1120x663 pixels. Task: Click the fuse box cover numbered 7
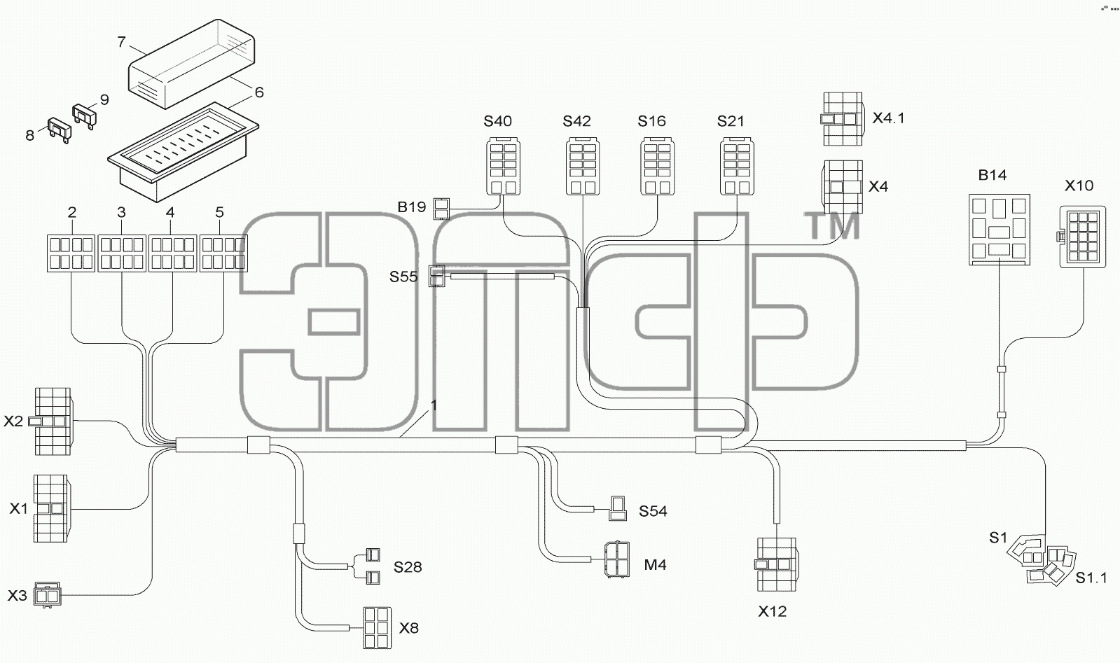pos(192,64)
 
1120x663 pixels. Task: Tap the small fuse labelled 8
pos(60,130)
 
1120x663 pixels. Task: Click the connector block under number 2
pos(71,253)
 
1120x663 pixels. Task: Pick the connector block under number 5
pos(223,253)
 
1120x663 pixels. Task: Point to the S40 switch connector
pos(503,167)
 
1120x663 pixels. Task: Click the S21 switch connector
pos(737,167)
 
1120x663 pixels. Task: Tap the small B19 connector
pos(441,209)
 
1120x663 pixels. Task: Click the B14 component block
pos(999,230)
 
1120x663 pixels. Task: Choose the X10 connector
pos(1082,237)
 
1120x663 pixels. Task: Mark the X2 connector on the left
pos(53,421)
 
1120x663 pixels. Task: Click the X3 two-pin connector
pos(47,594)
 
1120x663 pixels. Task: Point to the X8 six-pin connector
pos(377,627)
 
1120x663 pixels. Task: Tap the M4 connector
pos(616,559)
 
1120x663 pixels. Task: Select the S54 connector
pos(618,508)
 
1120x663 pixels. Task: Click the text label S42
pos(576,121)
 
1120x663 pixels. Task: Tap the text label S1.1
pos(1091,578)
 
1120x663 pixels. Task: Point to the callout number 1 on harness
pos(434,405)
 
